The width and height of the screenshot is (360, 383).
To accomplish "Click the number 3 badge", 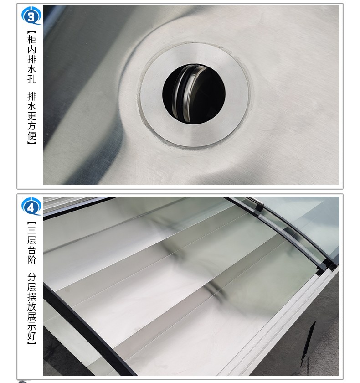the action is (31, 16).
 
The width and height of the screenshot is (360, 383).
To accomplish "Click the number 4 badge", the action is (31, 206).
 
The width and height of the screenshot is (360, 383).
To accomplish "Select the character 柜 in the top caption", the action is (32, 39).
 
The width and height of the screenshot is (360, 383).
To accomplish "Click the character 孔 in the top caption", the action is (32, 78).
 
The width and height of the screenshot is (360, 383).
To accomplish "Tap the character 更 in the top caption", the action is (32, 116).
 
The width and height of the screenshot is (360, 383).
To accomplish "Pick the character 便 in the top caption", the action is (32, 135).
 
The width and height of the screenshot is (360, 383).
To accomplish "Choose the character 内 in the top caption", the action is (32, 49).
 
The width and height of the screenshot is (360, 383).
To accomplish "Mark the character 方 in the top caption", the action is (32, 125).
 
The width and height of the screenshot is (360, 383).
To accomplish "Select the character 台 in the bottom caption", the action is (32, 250).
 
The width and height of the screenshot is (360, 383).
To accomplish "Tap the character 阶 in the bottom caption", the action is (32, 259).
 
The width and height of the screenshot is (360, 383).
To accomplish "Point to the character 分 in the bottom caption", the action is (32, 277).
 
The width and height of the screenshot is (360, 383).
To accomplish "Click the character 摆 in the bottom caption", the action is (32, 297).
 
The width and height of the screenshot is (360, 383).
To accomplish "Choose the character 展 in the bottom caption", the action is (32, 316).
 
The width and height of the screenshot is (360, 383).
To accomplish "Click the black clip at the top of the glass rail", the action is (259, 207).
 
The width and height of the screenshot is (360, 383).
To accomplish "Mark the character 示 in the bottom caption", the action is (32, 326).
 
